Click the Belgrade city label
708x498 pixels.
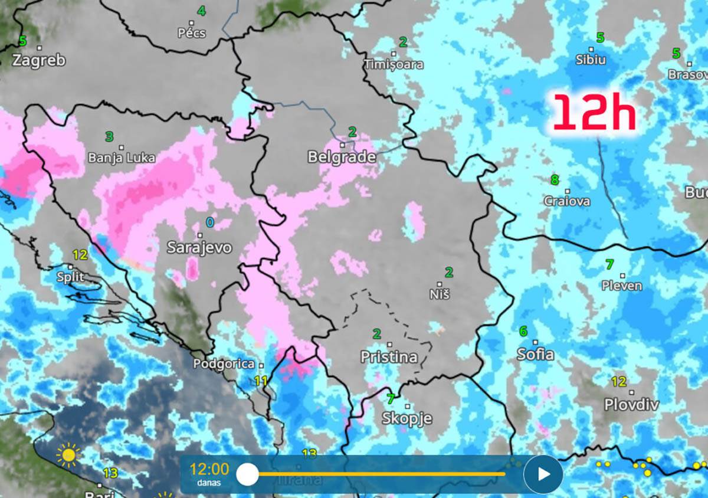click(x=342, y=157)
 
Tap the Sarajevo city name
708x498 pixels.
click(x=199, y=247)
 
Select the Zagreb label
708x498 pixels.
click(x=39, y=60)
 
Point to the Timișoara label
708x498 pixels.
click(x=394, y=64)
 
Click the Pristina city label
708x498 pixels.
click(x=389, y=357)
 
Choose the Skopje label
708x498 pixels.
click(x=407, y=419)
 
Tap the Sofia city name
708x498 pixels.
click(x=535, y=354)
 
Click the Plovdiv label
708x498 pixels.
click(x=631, y=405)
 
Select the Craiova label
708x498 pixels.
click(x=567, y=201)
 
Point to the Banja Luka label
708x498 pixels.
click(x=122, y=158)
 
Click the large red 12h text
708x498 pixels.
click(x=594, y=113)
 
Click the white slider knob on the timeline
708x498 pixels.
click(x=247, y=474)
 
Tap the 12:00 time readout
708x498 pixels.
click(x=209, y=470)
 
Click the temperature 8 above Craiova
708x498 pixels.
click(x=555, y=180)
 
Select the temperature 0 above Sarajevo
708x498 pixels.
click(x=210, y=222)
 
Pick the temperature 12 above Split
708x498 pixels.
click(x=80, y=255)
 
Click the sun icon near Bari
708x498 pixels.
click(x=68, y=455)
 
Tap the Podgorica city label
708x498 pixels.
click(x=224, y=365)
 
